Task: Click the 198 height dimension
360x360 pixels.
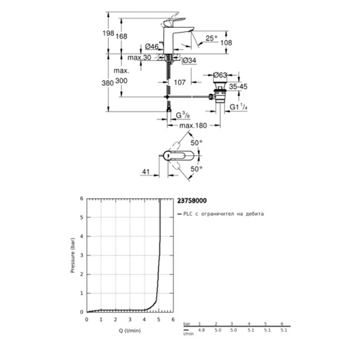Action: [x=108, y=34]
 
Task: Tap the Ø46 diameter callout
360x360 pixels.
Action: [x=152, y=47]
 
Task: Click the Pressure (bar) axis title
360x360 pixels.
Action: [x=72, y=255]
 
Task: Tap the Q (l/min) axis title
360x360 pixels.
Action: [x=128, y=331]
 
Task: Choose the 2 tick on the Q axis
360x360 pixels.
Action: [x=115, y=320]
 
